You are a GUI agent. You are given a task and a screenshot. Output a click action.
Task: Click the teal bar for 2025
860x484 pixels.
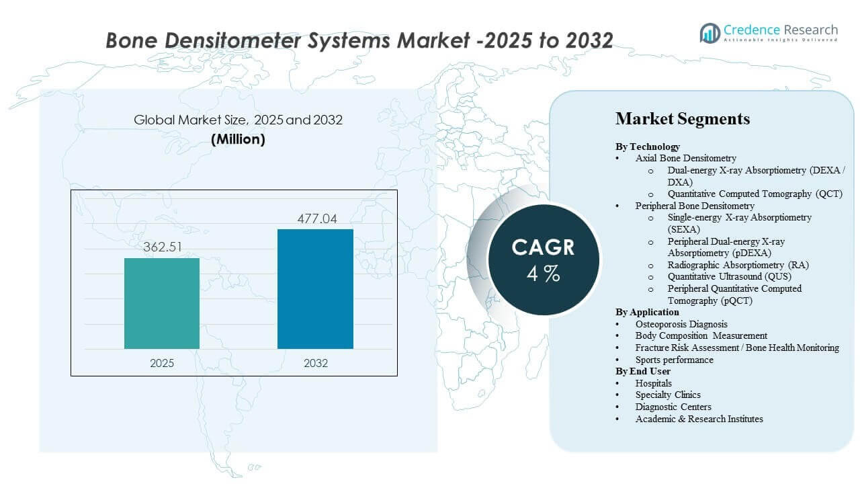(x=162, y=303)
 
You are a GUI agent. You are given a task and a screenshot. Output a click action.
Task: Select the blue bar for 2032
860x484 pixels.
(x=315, y=289)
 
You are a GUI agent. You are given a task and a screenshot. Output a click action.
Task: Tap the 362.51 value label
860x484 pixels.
(x=162, y=247)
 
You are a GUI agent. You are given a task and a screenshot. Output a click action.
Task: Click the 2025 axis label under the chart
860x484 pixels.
(x=162, y=363)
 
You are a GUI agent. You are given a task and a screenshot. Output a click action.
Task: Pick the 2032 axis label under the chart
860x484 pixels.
(x=316, y=363)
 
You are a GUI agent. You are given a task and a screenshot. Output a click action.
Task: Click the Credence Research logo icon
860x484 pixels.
(x=709, y=33)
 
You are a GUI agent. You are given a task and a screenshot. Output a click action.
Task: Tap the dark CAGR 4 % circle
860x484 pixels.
(x=543, y=259)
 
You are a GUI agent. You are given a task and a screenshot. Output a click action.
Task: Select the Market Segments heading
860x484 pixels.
(x=682, y=119)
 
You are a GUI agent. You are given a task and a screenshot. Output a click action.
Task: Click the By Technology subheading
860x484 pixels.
(x=648, y=147)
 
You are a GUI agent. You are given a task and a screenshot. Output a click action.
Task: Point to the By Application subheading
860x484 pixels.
(x=647, y=312)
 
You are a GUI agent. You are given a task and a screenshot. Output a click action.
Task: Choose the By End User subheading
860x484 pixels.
(x=642, y=371)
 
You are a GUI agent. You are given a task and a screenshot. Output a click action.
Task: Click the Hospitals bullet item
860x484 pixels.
(x=653, y=383)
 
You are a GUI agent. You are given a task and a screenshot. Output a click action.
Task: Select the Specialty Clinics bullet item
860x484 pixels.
(x=668, y=395)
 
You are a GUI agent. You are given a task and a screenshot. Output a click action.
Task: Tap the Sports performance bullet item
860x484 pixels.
(x=674, y=360)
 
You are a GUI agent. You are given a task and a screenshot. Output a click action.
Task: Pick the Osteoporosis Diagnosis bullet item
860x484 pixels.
(x=681, y=324)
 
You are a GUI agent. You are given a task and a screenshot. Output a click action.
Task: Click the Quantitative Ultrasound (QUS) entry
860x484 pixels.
(x=729, y=276)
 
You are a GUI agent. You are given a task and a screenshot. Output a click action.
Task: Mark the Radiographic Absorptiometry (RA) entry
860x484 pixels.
(x=738, y=265)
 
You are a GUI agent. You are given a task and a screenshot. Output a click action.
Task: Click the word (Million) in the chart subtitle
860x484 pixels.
(x=238, y=139)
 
